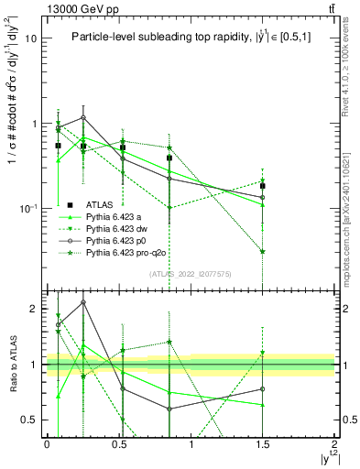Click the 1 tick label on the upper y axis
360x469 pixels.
pyautogui.click(x=34, y=124)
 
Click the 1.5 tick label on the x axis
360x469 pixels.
pyautogui.click(x=262, y=442)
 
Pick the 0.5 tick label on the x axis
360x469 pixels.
pyautogui.click(x=118, y=442)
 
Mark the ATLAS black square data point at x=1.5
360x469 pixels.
pyautogui.click(x=263, y=186)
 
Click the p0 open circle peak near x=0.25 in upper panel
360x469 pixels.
pyautogui.click(x=83, y=117)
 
